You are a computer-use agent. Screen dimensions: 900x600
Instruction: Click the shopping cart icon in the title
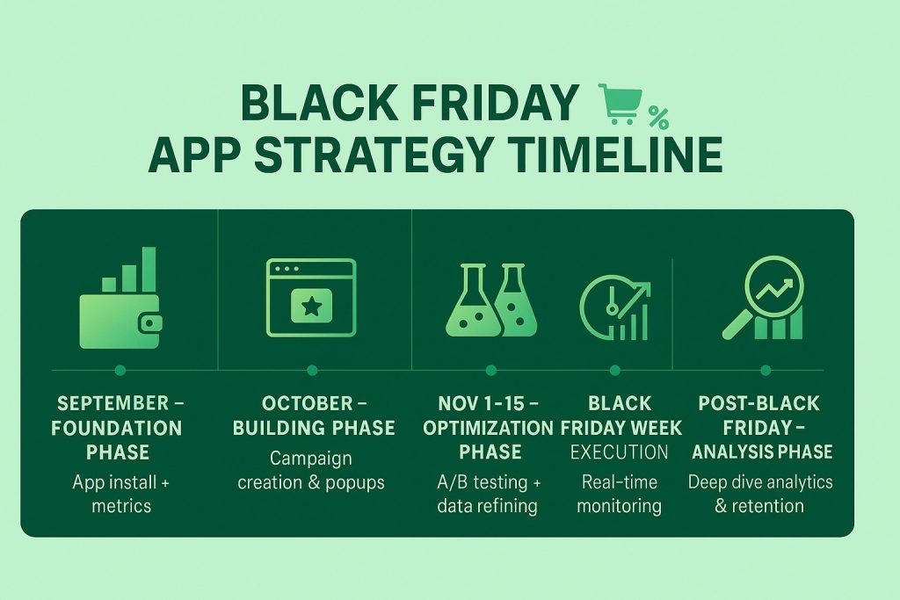tap(620, 104)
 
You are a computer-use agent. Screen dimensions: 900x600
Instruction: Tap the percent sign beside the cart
tap(659, 118)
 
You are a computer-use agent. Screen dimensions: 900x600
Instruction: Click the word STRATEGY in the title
tap(373, 155)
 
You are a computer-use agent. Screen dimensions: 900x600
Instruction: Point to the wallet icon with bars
tap(120, 298)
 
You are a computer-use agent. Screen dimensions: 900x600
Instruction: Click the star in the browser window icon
tap(312, 307)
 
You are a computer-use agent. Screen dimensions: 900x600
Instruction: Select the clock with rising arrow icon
tap(615, 307)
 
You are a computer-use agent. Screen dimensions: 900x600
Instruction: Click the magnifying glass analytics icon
tap(764, 298)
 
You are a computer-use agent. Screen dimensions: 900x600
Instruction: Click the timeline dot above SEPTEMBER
tap(120, 371)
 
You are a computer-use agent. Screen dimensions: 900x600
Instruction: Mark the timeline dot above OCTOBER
tap(312, 371)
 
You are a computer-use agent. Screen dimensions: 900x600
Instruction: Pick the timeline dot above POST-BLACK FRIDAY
tap(766, 371)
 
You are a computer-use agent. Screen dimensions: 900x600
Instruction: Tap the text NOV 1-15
tap(481, 404)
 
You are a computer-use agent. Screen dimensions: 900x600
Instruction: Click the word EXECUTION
tap(620, 452)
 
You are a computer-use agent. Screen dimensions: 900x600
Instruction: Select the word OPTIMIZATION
tap(488, 428)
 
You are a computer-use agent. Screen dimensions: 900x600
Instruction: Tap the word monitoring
tap(620, 507)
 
